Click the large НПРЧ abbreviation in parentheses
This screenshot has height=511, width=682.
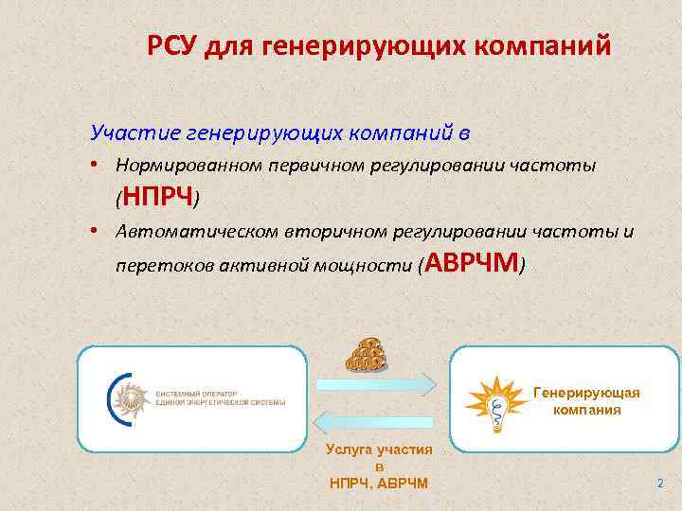(158, 196)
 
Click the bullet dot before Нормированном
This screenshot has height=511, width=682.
(98, 166)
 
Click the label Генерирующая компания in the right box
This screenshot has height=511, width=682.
(587, 400)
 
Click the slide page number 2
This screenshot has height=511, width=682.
(660, 484)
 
